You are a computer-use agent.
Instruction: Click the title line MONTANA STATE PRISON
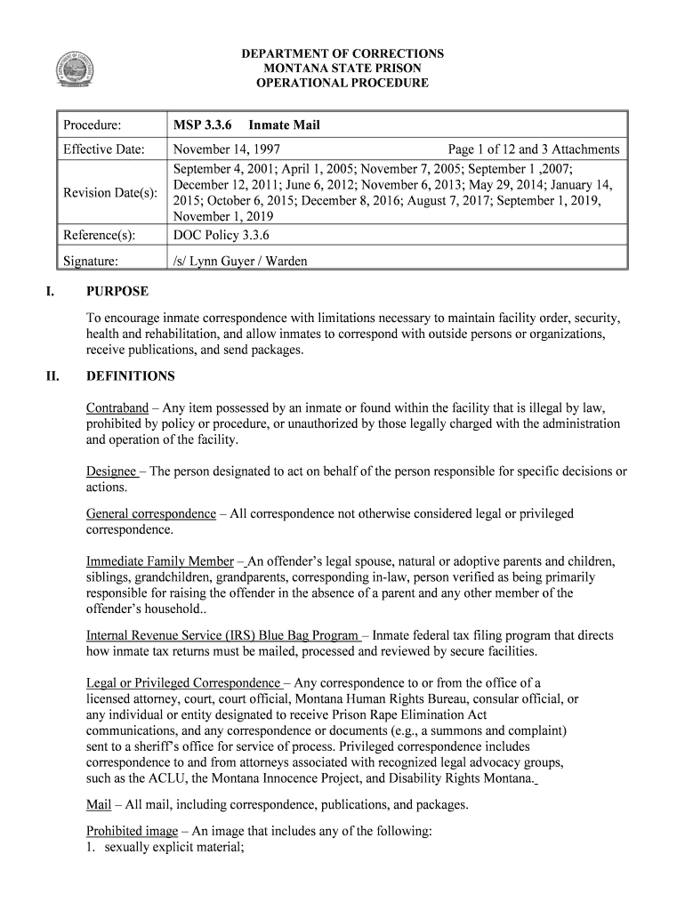tap(342, 69)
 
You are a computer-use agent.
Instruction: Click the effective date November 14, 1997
tap(227, 149)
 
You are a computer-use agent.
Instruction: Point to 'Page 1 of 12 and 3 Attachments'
tap(534, 149)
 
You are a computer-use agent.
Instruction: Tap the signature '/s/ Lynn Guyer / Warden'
tap(240, 261)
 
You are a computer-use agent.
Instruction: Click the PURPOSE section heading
tap(117, 292)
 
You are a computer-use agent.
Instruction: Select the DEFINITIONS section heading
tap(130, 376)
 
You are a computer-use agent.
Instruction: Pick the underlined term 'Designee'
tap(111, 472)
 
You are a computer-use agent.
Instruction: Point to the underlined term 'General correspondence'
tap(150, 514)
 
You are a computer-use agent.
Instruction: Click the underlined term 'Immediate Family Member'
tap(159, 561)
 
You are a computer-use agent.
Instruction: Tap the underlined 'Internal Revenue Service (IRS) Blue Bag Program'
tap(222, 636)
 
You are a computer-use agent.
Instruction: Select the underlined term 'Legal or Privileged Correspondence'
tap(182, 683)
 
